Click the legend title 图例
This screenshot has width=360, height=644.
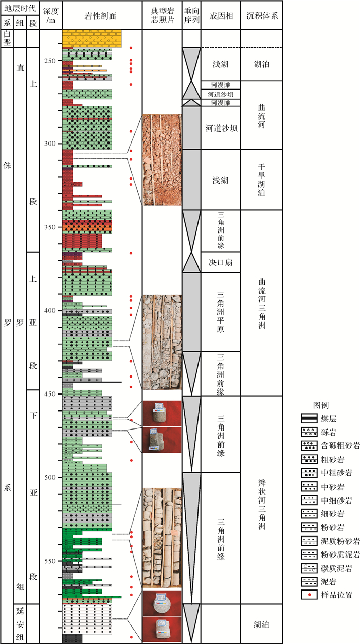pos(321,405)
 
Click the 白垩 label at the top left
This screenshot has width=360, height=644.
pos(8,39)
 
